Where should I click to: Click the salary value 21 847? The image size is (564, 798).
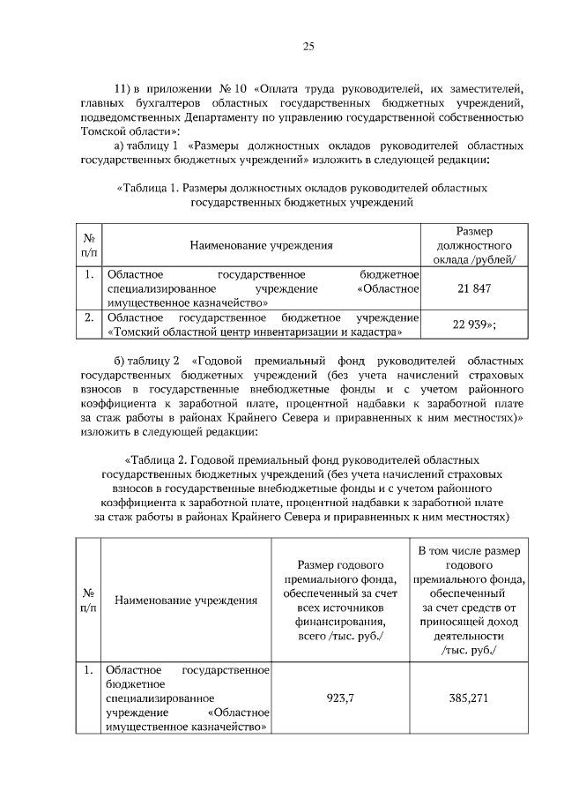474,288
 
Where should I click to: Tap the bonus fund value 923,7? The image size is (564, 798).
340,697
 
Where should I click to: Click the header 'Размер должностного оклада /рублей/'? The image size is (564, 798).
474,244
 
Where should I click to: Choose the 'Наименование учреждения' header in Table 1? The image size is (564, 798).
262,244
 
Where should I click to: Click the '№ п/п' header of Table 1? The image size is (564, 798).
89,244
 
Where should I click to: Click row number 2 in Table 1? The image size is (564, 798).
89,317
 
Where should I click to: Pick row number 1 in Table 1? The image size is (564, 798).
89,275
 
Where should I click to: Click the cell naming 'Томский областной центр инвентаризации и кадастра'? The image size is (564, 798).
262,324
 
